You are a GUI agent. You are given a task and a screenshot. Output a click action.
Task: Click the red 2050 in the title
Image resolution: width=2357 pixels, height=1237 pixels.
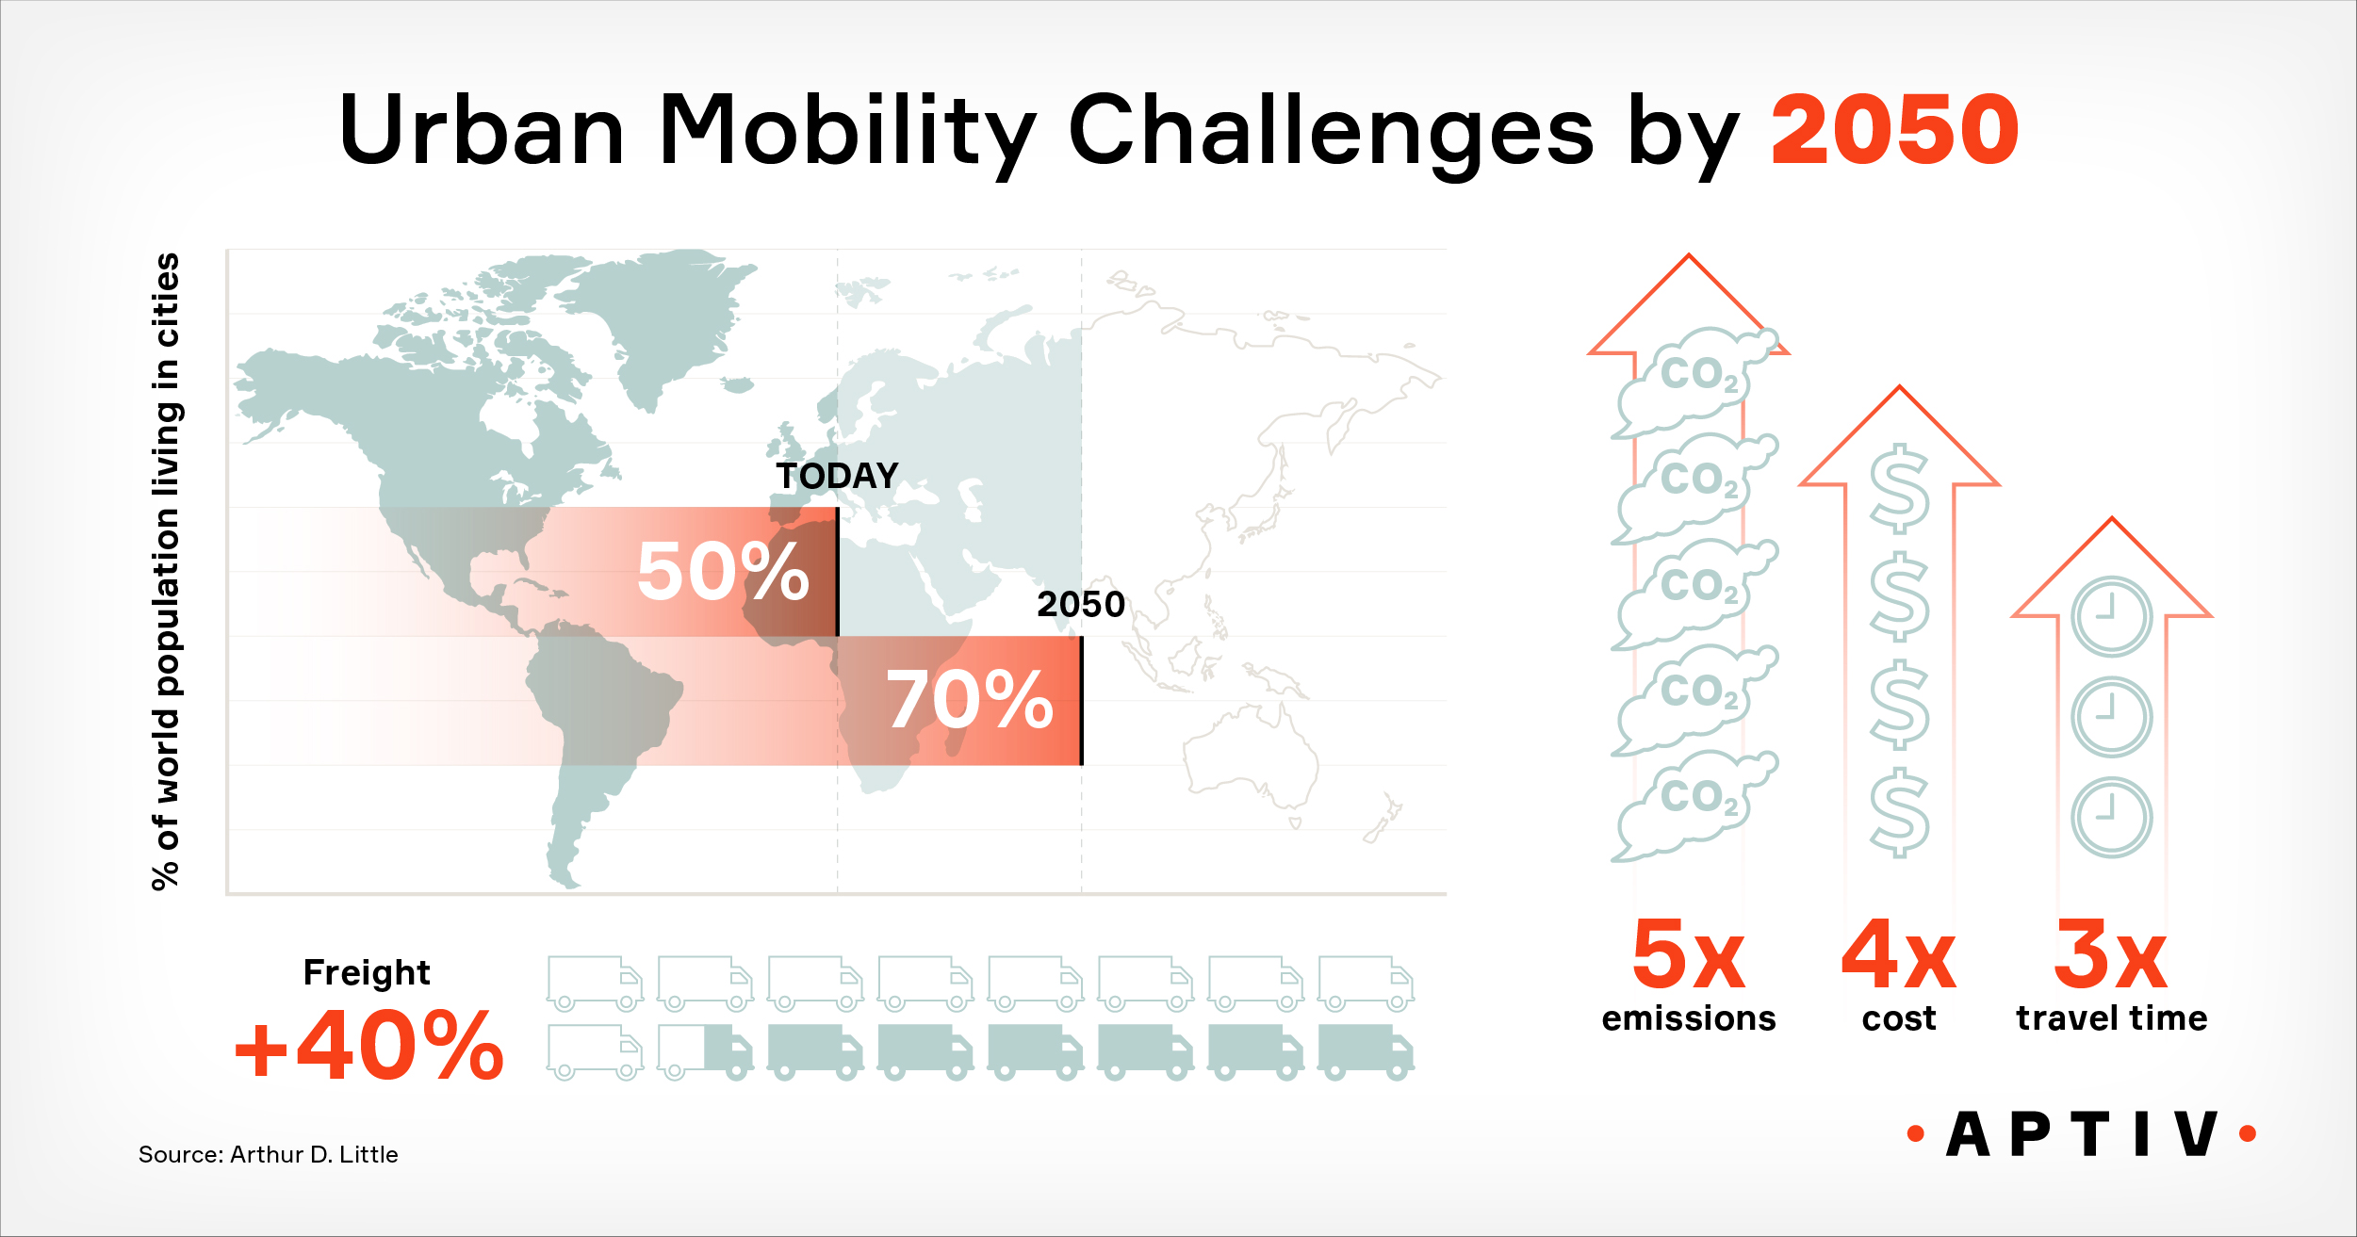1894,130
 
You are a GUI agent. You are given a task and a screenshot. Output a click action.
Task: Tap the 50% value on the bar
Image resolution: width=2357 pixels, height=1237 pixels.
723,571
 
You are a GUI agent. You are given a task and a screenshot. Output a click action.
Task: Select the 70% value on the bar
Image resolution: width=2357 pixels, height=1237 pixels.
969,699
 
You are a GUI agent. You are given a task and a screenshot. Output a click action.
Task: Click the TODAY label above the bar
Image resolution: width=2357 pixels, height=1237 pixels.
837,476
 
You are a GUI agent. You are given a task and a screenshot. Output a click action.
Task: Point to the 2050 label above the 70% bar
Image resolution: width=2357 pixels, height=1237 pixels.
1081,604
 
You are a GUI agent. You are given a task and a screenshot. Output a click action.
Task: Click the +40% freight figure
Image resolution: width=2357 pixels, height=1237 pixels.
368,1046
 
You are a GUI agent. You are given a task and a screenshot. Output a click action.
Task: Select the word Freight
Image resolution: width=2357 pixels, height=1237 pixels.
367,972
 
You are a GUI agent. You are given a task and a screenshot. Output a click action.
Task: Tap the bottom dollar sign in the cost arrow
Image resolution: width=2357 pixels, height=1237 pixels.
1899,811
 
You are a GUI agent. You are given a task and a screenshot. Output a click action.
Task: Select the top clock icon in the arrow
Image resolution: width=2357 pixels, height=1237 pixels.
2111,617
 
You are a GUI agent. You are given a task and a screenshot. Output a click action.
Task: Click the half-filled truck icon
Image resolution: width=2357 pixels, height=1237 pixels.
705,1051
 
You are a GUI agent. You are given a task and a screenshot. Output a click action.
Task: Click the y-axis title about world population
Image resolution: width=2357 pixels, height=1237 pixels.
166,571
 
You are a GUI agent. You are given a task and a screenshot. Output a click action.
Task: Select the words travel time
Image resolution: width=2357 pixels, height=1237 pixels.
2111,1018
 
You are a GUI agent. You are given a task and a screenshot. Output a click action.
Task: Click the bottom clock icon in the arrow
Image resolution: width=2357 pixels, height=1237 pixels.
2111,817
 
